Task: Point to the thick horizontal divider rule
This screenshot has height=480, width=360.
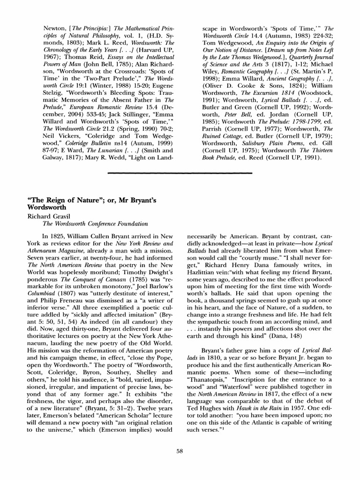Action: pos(180,173)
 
